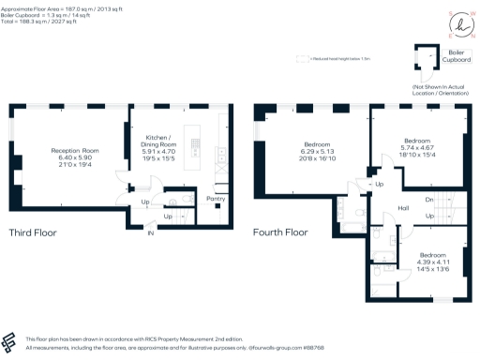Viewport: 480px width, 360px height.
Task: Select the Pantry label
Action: pyautogui.click(x=216, y=199)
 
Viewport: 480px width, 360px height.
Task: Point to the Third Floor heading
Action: pyautogui.click(x=36, y=232)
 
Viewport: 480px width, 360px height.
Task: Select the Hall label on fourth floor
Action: pyautogui.click(x=403, y=208)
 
